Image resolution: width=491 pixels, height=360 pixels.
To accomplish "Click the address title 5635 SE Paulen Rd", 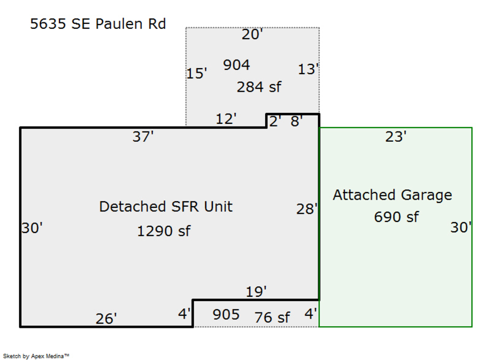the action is point(98,24).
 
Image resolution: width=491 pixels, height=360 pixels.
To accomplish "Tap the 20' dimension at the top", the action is point(252,34).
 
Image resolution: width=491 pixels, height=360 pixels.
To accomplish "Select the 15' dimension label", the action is point(196,73).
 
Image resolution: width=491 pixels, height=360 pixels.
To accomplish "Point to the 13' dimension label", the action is point(308,69).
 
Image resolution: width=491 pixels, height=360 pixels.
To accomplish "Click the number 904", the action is point(236,65).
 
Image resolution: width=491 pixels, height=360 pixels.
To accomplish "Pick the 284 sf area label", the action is point(259,87).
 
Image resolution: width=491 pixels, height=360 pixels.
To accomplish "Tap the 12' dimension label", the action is point(226,119).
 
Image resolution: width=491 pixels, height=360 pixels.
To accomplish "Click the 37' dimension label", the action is point(143,136).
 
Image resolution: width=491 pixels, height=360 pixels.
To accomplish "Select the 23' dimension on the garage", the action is point(396,136).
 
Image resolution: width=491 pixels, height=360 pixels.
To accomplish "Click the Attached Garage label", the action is point(392,195).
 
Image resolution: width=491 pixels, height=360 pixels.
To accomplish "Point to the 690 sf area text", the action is point(396,217).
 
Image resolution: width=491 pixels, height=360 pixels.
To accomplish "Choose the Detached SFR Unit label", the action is point(166,207).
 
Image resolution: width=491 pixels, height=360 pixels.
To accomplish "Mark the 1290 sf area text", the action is point(164,231).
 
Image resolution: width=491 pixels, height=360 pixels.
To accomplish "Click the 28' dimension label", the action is point(307,209).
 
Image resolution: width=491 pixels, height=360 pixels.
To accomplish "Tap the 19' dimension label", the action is point(256,292).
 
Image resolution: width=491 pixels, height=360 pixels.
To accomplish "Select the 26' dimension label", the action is point(106,319).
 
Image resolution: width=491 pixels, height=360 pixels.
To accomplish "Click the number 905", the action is point(226,314).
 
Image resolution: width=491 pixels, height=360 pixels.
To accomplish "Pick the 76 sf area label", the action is point(272,317).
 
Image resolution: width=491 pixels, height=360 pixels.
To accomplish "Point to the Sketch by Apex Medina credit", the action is point(36,356).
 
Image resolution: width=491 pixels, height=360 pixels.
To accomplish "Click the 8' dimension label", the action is point(296,121).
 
